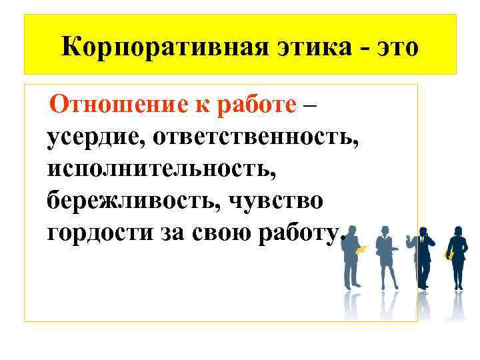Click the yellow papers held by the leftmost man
(362, 250)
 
